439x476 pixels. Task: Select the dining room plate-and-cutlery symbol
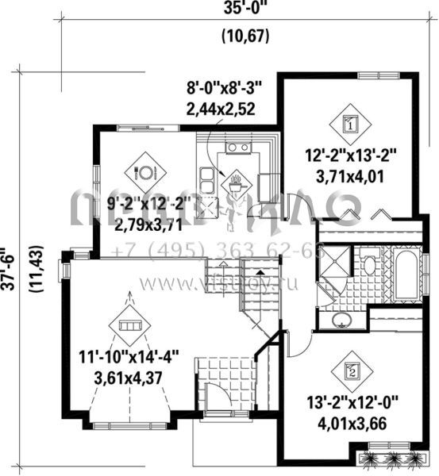(x=145, y=170)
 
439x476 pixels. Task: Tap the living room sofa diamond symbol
(x=129, y=324)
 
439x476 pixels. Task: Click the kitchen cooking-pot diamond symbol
(x=236, y=184)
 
